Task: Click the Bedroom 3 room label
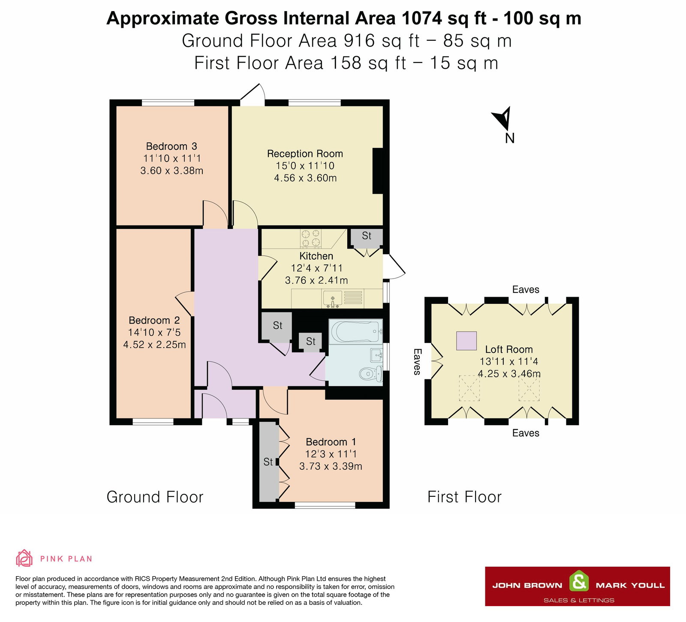(x=171, y=146)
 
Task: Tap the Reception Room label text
(x=305, y=153)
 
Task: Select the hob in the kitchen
(x=311, y=238)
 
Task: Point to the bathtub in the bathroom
(x=355, y=331)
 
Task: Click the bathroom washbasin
(x=376, y=355)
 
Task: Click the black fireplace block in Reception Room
(x=377, y=171)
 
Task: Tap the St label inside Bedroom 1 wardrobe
(x=268, y=462)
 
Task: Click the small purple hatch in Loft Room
(x=466, y=341)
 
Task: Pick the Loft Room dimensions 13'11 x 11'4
(x=508, y=361)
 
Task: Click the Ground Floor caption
(x=155, y=497)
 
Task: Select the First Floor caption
(x=464, y=497)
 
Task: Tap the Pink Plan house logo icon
(x=24, y=558)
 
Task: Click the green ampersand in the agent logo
(x=579, y=582)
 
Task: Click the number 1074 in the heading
(x=421, y=18)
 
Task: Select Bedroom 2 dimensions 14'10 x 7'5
(x=154, y=332)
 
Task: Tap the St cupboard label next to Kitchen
(x=366, y=236)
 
